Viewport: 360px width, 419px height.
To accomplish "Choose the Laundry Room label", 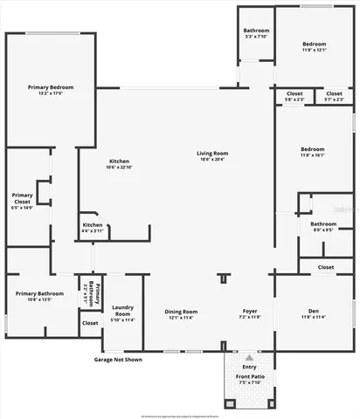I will (x=122, y=312).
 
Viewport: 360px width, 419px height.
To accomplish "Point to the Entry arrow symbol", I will (x=250, y=358).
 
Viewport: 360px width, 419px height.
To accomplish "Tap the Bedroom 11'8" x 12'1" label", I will (x=314, y=47).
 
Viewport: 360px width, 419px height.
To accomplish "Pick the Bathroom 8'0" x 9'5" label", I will (x=324, y=227).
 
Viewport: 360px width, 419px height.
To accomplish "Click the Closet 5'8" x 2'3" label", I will (x=294, y=96).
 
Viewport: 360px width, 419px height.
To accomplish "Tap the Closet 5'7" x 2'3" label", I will (x=334, y=96).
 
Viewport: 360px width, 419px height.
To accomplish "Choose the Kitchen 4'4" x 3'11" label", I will (x=93, y=227).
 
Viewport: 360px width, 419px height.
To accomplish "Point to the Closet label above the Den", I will (x=326, y=267).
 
